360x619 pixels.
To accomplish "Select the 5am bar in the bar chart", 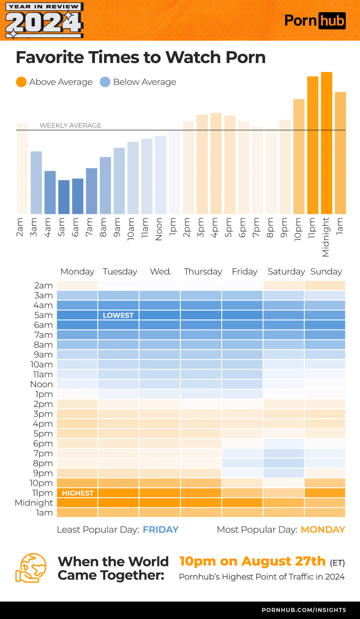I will point(64,197).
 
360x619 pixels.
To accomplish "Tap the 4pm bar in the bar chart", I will point(216,163).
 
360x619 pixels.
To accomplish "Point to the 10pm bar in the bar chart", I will point(299,156).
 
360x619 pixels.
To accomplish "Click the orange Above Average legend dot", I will point(21,82).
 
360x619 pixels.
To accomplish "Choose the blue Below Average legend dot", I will point(105,82).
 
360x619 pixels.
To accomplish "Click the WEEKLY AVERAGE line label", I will point(71,125).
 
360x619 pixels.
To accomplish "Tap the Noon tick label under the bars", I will point(159,229).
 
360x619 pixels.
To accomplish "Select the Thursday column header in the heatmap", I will point(203,272).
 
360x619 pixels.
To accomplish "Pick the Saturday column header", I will point(286,272).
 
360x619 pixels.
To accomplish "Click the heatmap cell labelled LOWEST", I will point(118,315).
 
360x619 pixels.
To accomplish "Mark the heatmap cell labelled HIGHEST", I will point(77,493).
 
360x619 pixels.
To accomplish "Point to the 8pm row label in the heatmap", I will point(43,463).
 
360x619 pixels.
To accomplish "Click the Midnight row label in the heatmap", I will point(34,503).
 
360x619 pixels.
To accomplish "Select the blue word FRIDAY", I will point(161,530).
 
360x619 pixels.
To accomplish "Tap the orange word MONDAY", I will point(323,530).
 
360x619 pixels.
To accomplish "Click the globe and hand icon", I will point(31,568).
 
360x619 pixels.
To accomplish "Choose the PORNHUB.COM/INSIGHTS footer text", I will point(304,610).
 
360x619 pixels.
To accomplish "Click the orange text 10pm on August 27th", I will point(252,561).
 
